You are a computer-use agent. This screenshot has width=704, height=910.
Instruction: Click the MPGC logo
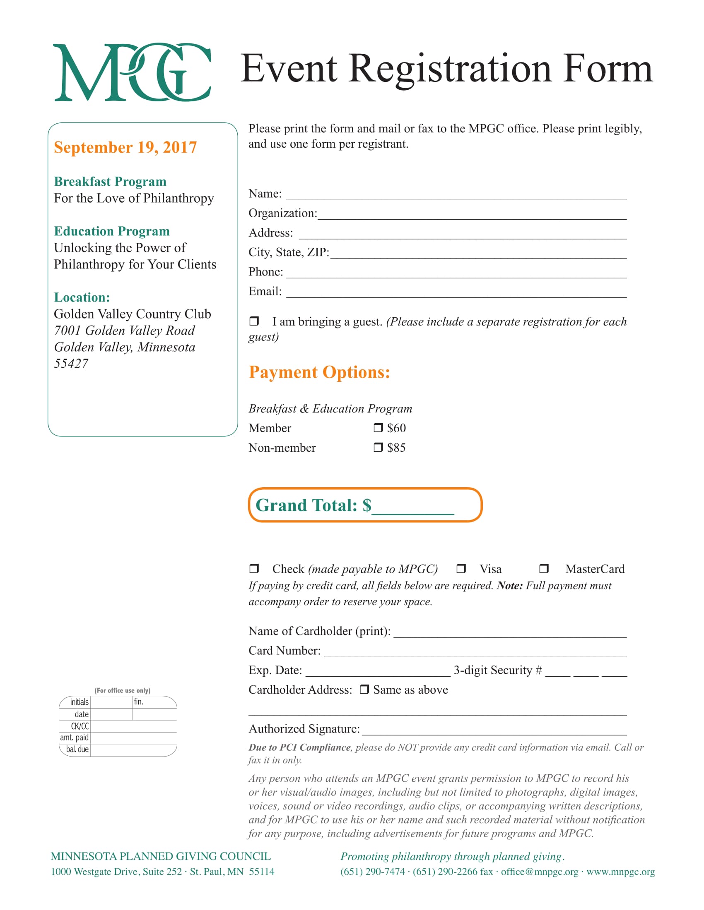[132, 72]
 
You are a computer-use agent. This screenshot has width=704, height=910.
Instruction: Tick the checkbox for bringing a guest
[254, 321]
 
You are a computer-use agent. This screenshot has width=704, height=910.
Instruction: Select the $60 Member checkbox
[378, 428]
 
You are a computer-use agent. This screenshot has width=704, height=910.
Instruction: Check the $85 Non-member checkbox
[378, 447]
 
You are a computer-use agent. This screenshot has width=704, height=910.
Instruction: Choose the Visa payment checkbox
[461, 568]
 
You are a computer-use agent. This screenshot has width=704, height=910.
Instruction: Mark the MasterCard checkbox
[544, 568]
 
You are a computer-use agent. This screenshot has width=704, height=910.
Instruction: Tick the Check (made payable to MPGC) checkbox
[254, 568]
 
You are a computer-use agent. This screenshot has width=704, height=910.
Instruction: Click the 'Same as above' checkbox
[364, 689]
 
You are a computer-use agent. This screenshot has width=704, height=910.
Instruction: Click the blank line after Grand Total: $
[412, 508]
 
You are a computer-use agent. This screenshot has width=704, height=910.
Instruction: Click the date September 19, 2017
[125, 148]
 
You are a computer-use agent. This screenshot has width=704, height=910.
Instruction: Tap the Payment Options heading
[319, 372]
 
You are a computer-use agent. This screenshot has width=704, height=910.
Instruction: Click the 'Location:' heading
[82, 297]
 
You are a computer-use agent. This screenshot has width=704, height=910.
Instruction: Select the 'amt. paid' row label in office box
[75, 738]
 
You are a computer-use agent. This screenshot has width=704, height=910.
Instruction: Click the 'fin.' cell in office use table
[154, 702]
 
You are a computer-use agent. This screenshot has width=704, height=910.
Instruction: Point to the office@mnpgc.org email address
[539, 872]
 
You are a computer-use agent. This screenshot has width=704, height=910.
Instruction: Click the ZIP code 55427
[71, 364]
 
